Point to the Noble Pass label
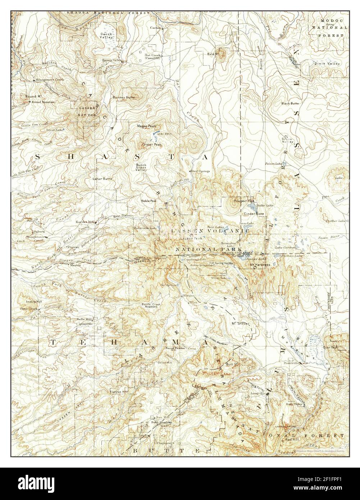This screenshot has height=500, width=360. (x=149, y=201)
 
